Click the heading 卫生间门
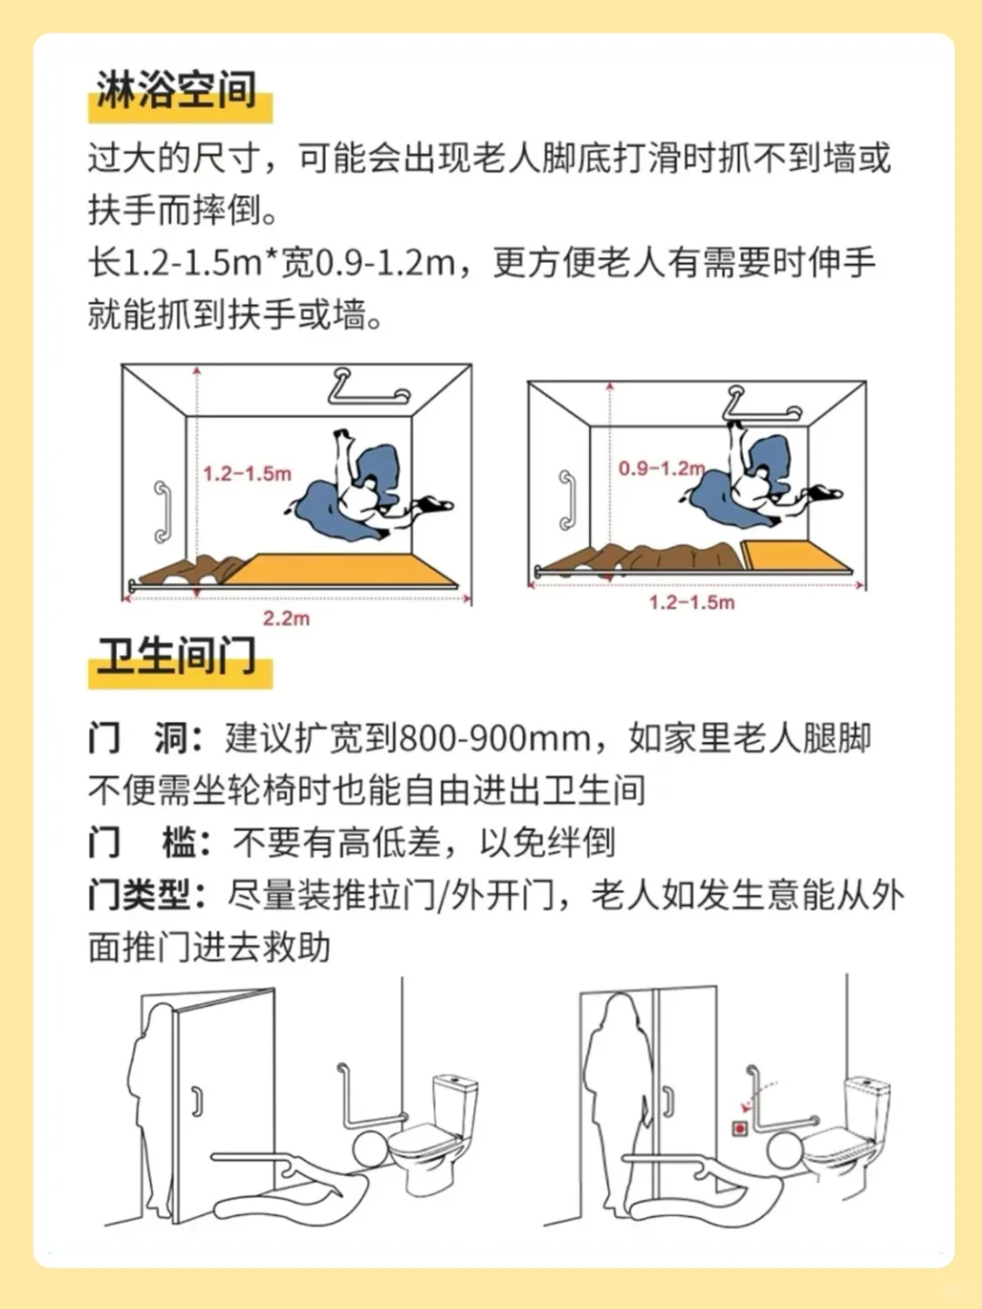[x=176, y=655]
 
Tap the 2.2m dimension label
[x=286, y=619]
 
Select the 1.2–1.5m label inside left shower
[x=246, y=474]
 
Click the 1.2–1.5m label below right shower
[x=691, y=603]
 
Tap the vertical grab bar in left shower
[x=162, y=512]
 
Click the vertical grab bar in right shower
[x=567, y=500]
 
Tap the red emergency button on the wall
[x=739, y=1128]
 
